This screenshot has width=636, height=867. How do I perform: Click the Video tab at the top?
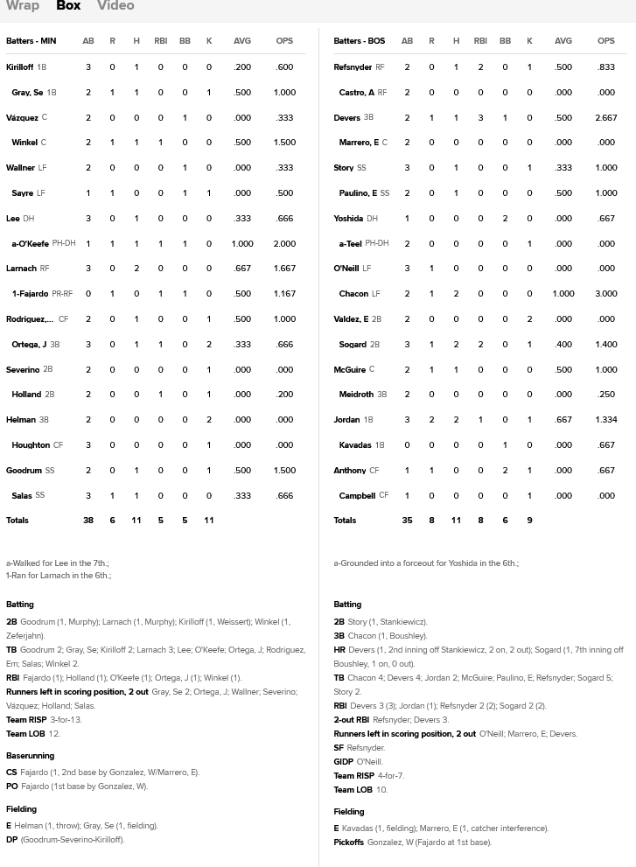coord(115,6)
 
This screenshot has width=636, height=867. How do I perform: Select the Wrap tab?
coord(23,6)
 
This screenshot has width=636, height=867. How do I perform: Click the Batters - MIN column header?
coord(31,41)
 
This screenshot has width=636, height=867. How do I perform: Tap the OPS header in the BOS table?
coord(605,41)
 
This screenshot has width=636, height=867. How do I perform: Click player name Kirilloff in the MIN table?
coord(19,67)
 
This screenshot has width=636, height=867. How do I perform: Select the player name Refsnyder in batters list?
coord(353,67)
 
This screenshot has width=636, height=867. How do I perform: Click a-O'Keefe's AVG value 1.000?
coord(242,244)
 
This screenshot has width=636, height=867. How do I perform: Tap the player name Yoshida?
coord(348,219)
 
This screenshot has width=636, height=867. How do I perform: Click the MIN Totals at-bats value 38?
coord(88,521)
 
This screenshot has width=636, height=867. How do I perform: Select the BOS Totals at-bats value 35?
coord(407,521)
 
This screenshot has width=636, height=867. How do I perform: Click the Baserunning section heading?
coord(30,756)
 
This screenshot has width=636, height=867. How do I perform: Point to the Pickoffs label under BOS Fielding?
coord(348,843)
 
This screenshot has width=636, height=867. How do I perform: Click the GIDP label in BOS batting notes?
coord(343,762)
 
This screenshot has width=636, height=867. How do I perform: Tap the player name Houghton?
coord(31,445)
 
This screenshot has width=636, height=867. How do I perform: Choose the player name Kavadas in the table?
coord(355,445)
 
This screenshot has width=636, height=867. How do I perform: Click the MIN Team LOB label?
coord(25,734)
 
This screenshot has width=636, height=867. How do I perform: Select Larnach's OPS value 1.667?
coord(284,269)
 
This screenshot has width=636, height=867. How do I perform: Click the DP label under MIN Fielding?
coord(11,840)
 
